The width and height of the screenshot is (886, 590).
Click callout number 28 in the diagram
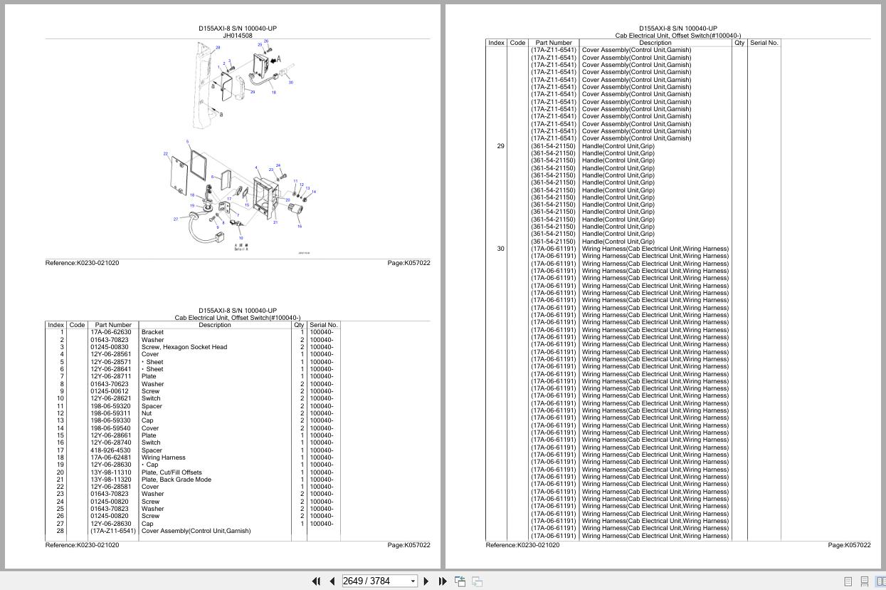click(x=218, y=48)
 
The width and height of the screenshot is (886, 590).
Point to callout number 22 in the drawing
click(x=166, y=154)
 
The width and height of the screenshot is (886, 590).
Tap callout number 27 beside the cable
click(x=176, y=219)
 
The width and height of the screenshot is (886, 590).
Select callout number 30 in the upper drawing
click(x=290, y=83)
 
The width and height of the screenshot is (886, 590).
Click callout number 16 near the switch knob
click(x=300, y=227)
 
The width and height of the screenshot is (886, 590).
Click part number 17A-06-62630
click(x=110, y=332)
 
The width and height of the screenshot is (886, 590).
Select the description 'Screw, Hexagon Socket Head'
click(x=184, y=347)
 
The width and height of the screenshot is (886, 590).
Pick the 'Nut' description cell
click(x=146, y=413)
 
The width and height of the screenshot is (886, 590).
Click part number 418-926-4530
click(x=110, y=450)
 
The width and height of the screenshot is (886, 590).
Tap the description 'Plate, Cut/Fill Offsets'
click(x=172, y=472)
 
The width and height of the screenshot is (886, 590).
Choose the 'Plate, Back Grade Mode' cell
click(x=176, y=480)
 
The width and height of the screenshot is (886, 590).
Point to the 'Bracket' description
click(x=152, y=332)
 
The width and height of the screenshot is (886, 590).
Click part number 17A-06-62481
click(x=110, y=457)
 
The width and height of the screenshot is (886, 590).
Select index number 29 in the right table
click(x=500, y=146)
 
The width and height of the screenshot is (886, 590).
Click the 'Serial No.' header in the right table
click(x=764, y=43)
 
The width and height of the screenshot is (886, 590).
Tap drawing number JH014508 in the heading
click(x=238, y=36)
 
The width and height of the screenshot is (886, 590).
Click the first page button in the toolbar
click(x=316, y=581)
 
